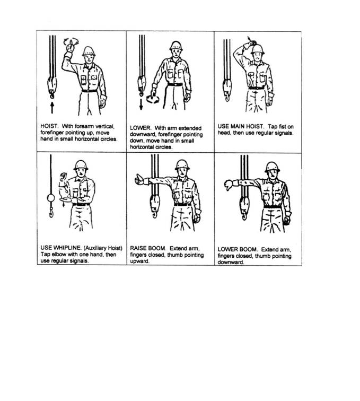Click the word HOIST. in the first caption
coord(49,126)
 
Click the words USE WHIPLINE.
coord(61,248)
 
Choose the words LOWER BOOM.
coord(238,249)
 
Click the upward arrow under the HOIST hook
coord(52,108)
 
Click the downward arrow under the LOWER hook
coord(141,104)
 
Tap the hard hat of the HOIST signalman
coord(89,51)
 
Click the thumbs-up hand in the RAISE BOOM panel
coord(139,179)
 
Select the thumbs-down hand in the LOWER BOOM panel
coord(229,185)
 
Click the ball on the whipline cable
coord(51,198)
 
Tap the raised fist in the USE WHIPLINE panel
coord(63,177)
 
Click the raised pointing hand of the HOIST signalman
coord(70,47)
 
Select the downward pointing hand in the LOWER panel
coord(154,93)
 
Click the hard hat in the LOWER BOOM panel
coord(272,167)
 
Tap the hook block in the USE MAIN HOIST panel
coord(227,90)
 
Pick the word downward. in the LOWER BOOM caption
coord(231,262)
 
